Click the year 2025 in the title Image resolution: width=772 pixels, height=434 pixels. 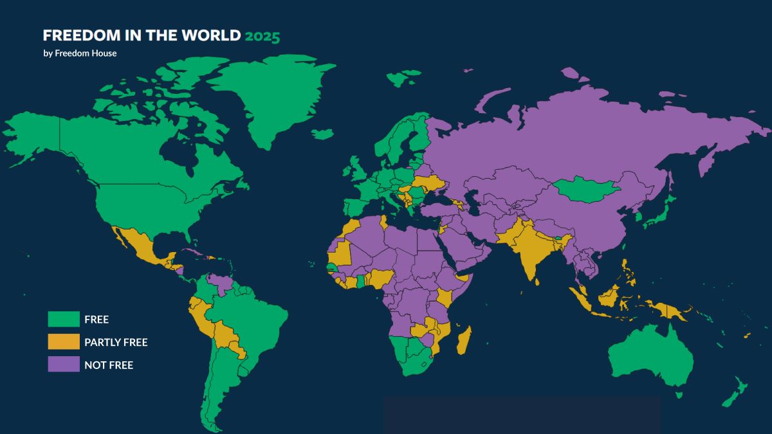[x=262, y=36]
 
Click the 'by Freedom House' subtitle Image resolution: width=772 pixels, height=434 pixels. [x=80, y=53]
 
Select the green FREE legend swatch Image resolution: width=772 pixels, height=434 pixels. [x=64, y=319]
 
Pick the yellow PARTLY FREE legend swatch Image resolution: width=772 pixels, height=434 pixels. [x=64, y=342]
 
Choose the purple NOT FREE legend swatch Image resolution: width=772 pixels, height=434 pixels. [x=64, y=365]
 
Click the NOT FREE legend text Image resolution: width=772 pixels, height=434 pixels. [x=109, y=365]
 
